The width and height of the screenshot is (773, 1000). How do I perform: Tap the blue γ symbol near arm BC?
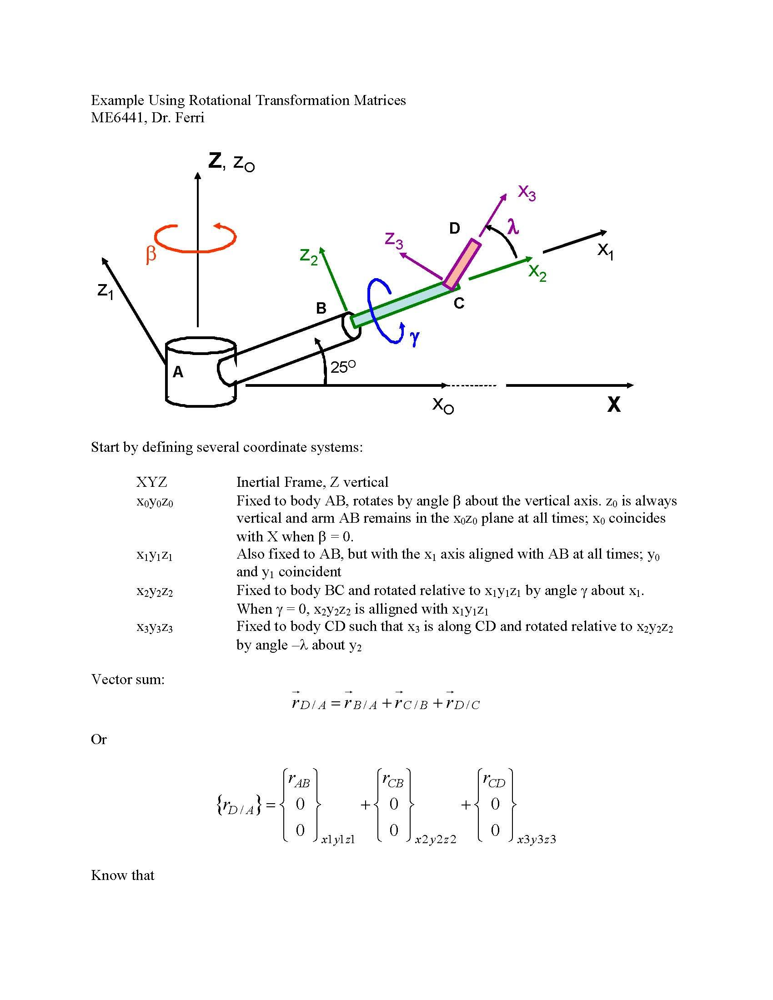(414, 337)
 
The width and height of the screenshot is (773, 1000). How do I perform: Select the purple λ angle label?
(513, 226)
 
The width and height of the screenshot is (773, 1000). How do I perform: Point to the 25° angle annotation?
(343, 367)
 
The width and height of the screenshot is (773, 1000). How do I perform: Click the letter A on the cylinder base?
(178, 372)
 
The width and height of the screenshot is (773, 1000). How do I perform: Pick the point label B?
(321, 308)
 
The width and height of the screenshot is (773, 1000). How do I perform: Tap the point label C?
(459, 303)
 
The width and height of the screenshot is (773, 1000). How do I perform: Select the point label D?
(454, 228)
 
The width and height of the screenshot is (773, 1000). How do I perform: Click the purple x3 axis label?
(527, 193)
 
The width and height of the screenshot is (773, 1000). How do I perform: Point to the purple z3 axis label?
(394, 240)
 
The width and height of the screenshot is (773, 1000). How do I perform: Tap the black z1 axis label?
(105, 291)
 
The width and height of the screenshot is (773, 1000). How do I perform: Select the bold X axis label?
(614, 405)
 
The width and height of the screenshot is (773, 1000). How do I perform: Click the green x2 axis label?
(537, 273)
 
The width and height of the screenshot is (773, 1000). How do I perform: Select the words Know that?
(123, 875)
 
